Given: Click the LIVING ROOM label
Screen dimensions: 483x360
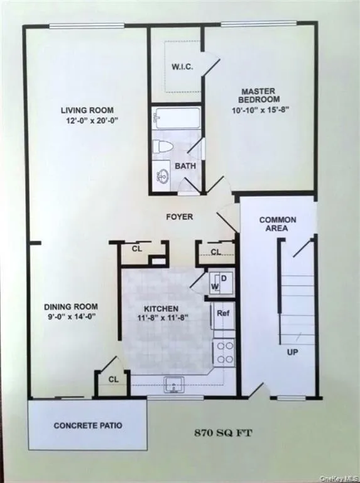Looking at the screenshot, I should coord(79,111).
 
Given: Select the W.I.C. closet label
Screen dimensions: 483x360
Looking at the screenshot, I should coord(182,67).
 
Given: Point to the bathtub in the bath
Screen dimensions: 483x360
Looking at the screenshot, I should coord(177,118).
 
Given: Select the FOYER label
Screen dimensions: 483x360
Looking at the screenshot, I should coord(179,217).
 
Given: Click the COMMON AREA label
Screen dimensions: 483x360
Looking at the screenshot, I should coord(278,224).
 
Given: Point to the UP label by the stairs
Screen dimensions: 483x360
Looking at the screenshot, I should coord(292,352).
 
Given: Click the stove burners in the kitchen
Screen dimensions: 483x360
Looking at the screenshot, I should coord(224,352).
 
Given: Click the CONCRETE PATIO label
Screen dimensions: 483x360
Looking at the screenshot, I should coord(88,426).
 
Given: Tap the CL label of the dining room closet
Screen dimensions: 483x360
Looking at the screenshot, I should coord(113,379).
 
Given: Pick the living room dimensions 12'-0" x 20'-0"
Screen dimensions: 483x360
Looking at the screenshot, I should coord(79,122).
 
